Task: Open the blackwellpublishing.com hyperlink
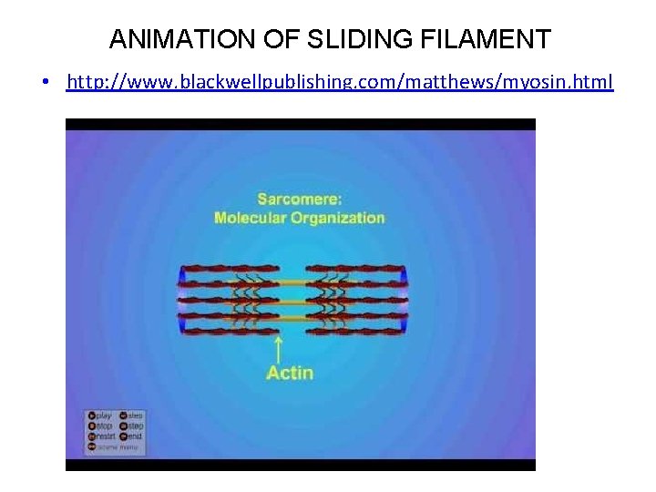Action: click(340, 83)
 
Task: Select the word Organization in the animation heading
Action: click(338, 218)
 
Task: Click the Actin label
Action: click(290, 373)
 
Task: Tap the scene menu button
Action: click(104, 447)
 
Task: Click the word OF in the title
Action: click(278, 40)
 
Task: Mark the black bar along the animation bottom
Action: click(300, 465)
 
